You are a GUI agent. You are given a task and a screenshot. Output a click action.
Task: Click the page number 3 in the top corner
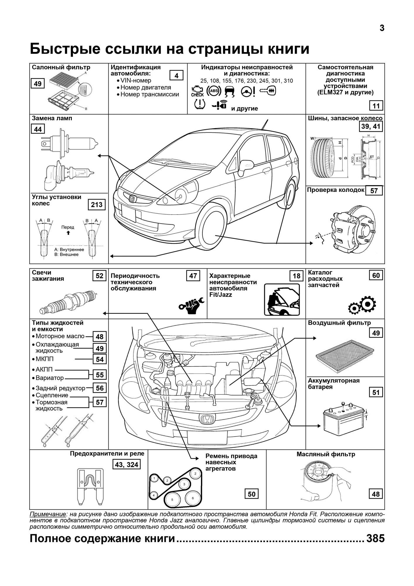coord(382,28)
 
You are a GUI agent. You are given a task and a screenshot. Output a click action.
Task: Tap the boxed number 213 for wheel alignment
coord(97,205)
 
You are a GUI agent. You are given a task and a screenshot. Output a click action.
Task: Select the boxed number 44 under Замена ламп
coord(38,129)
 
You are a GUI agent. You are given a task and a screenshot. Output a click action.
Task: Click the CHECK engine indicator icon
coord(197,91)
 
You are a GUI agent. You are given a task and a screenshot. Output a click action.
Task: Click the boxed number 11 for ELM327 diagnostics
coord(376,106)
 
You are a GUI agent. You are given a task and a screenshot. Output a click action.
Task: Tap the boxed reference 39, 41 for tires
coord(371,126)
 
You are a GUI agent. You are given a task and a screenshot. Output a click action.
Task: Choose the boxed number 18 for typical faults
coord(297,276)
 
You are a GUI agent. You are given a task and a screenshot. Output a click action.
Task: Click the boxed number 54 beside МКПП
coord(100,360)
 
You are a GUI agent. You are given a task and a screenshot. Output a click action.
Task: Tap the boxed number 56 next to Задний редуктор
coord(100,388)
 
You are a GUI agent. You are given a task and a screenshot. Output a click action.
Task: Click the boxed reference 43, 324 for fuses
coord(127,464)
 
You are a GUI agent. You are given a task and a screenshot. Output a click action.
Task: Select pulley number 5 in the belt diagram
coord(172,500)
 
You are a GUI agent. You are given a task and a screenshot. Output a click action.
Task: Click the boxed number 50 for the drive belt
coord(252,494)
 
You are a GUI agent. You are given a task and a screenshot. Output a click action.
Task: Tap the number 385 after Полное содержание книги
coord(375,539)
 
